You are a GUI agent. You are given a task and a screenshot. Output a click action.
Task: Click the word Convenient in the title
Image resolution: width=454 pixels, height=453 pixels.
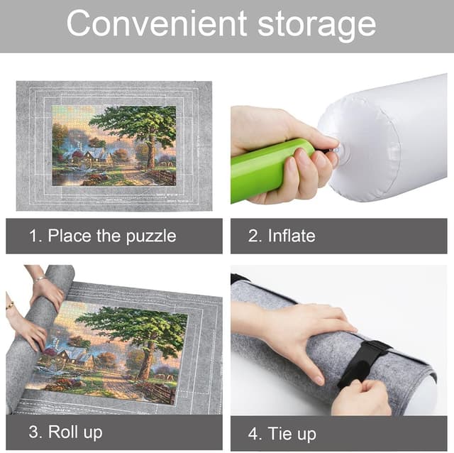157,23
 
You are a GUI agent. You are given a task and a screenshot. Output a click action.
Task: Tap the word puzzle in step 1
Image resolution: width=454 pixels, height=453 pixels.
151,236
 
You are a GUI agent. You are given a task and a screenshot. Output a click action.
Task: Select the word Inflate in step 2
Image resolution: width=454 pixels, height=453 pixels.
292,235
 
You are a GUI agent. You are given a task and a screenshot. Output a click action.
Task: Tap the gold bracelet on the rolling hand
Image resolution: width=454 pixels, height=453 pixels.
10,305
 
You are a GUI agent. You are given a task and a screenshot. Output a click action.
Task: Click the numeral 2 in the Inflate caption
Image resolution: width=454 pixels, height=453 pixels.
253,236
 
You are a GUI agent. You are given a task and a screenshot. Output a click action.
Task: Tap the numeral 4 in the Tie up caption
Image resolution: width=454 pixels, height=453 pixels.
253,433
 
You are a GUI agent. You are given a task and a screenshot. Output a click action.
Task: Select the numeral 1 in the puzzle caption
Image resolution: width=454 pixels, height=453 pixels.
33,236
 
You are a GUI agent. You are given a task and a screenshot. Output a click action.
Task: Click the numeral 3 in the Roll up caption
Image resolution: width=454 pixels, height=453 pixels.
33,432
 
